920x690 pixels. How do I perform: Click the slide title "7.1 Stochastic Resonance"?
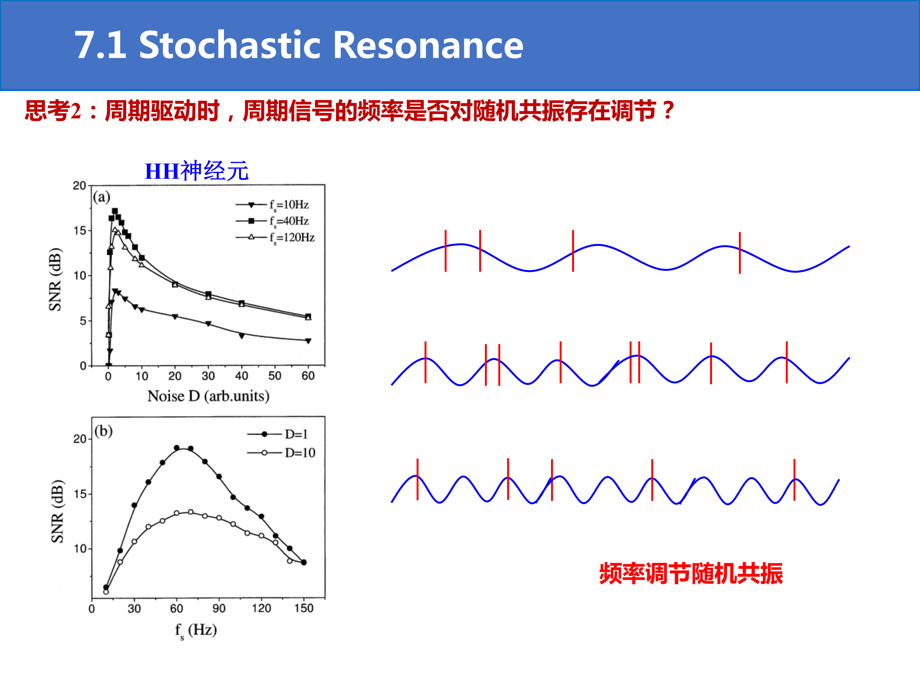(x=299, y=45)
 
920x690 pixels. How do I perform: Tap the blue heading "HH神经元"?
(x=196, y=171)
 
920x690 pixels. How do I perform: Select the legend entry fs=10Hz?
(x=272, y=205)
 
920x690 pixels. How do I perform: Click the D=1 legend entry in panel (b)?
(x=277, y=434)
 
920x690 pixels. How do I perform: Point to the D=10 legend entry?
(x=281, y=453)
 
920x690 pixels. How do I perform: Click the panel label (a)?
(x=102, y=197)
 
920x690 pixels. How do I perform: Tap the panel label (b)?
(x=103, y=431)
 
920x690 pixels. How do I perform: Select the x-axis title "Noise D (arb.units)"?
(x=208, y=396)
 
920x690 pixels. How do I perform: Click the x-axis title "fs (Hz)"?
(x=196, y=631)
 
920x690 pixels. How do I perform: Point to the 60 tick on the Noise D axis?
(x=308, y=376)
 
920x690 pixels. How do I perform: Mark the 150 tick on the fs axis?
(x=304, y=609)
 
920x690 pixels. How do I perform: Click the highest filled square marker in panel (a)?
(x=115, y=211)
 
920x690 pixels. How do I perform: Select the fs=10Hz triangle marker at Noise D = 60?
(x=308, y=341)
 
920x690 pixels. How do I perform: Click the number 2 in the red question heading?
(x=76, y=111)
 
